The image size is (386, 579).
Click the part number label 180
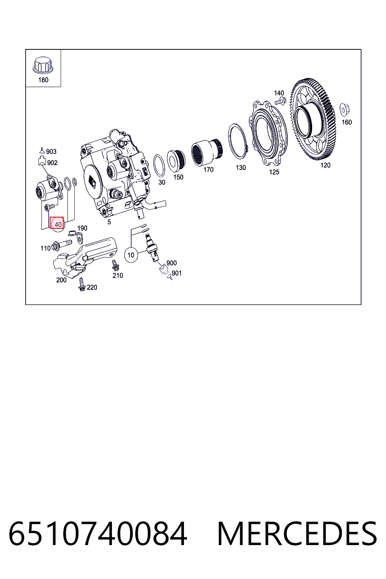(x=43, y=80)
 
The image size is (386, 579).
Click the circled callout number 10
(x=131, y=255)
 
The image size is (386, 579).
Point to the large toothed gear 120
(x=313, y=119)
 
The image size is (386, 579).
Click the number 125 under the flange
(x=274, y=172)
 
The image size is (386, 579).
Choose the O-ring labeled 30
(x=159, y=165)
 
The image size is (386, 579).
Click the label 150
(x=178, y=177)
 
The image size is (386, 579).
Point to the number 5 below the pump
(x=109, y=222)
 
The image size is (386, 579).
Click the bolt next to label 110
(x=62, y=245)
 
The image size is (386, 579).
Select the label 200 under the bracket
(x=61, y=280)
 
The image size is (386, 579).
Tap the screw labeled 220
(x=82, y=284)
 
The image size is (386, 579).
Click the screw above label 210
(x=115, y=265)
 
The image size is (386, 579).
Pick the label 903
(x=51, y=152)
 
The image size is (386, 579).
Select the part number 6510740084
(x=98, y=533)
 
